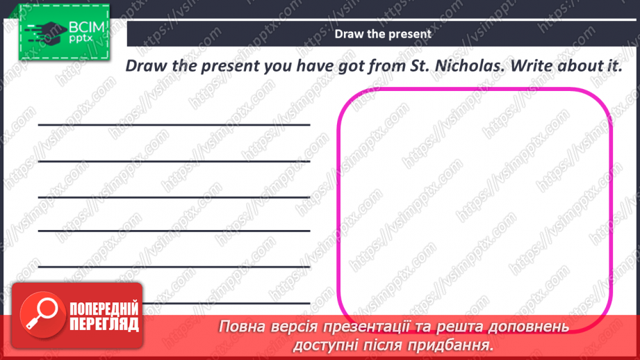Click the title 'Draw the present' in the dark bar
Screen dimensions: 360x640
tap(383, 33)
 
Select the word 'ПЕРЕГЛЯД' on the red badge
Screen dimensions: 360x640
tap(104, 324)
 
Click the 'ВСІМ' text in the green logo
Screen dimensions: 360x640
tap(84, 28)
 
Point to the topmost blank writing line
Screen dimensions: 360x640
tap(174, 125)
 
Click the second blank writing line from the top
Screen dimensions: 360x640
tap(174, 161)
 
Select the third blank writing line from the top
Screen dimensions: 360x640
tap(174, 196)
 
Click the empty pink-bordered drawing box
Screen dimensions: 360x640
tap(475, 202)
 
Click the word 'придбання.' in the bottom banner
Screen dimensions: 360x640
tap(457, 344)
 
